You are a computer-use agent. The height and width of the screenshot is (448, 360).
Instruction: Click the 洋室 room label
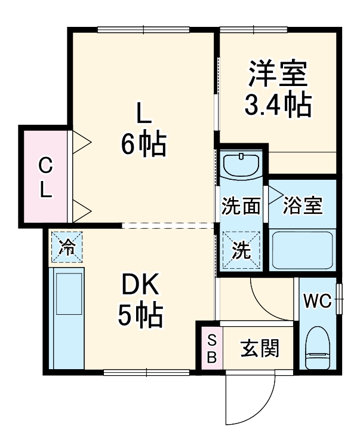[278, 74]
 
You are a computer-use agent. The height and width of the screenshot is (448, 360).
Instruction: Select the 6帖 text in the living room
[143, 144]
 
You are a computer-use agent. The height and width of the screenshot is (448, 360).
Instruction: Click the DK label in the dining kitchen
[141, 287]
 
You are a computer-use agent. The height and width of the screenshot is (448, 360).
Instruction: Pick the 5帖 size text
[140, 316]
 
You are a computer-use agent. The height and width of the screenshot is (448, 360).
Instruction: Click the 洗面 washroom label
[241, 207]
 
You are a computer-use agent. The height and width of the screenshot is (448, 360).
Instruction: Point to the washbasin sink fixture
[242, 165]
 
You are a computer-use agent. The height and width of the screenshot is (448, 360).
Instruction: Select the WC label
[316, 301]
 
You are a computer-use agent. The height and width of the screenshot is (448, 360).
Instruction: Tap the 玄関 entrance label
[260, 348]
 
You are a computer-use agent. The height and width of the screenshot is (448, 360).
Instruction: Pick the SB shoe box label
[211, 348]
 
